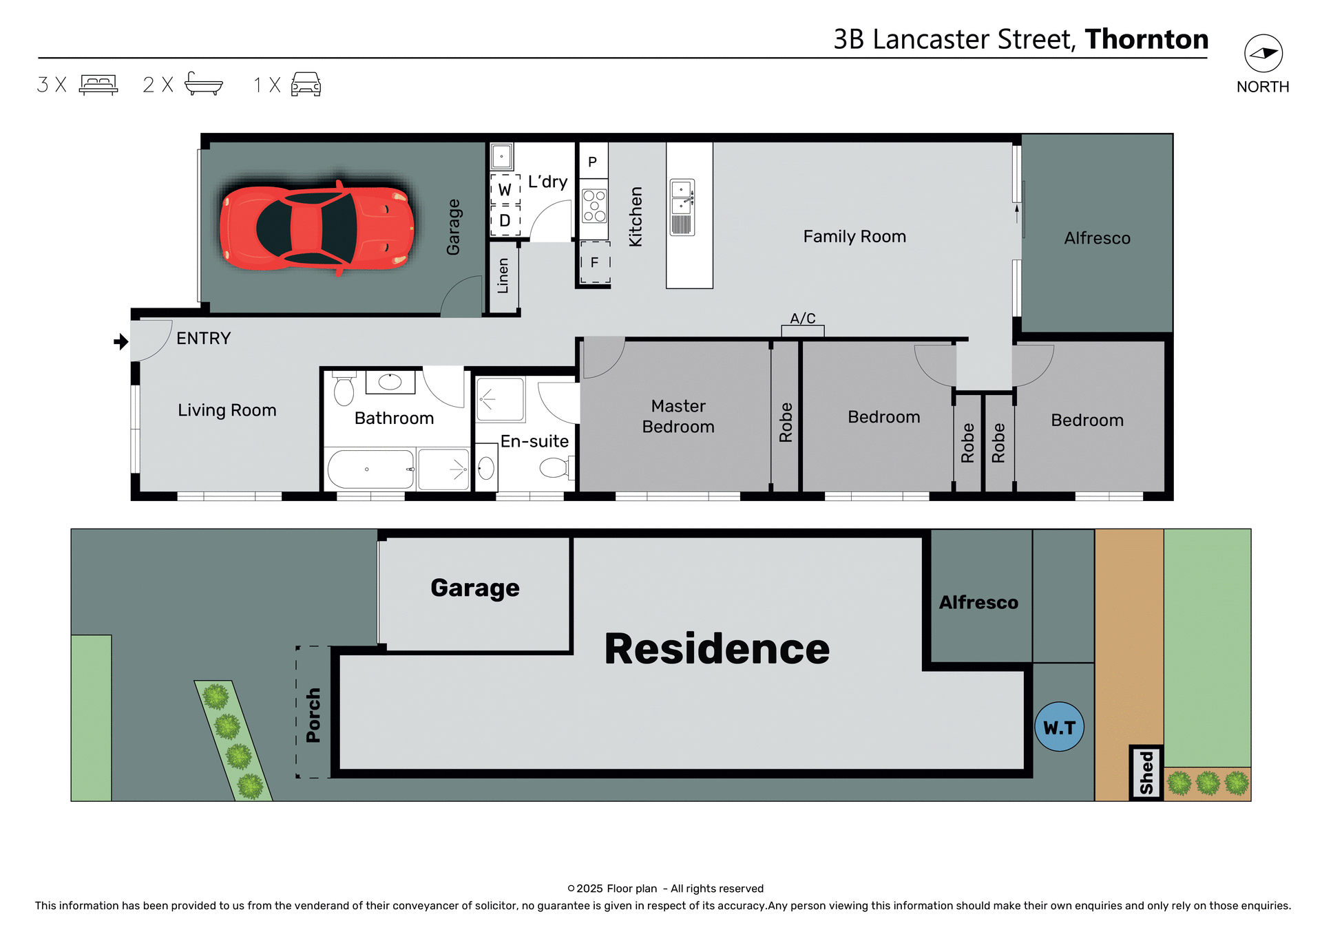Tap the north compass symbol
[x=1263, y=54]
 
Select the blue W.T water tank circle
[x=1059, y=727]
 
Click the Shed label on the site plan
[x=1146, y=773]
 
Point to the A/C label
[x=803, y=319]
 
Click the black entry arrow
[x=121, y=341]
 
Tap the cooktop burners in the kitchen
[x=594, y=206]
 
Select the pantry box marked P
[x=593, y=162]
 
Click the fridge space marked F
[x=595, y=262]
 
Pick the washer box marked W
[x=505, y=189]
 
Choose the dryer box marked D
[x=505, y=221]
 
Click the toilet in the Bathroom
[x=344, y=390]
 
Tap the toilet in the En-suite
[x=554, y=469]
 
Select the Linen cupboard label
[x=503, y=276]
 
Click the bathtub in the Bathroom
[x=370, y=469]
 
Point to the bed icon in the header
[x=98, y=85]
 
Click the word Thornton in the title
[x=1146, y=39]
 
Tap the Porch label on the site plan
[x=313, y=715]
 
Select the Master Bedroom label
[x=678, y=416]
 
